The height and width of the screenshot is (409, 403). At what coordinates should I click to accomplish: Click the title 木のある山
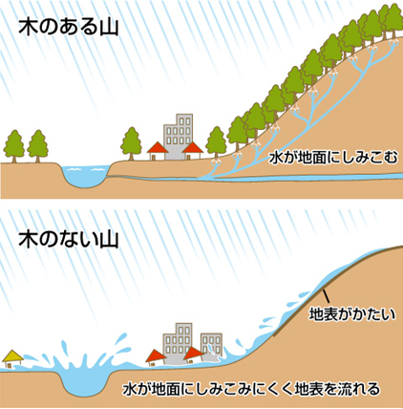click(x=69, y=27)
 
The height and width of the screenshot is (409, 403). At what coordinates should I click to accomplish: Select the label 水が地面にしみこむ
click(x=333, y=158)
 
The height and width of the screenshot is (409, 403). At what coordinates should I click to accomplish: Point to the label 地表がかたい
click(x=352, y=314)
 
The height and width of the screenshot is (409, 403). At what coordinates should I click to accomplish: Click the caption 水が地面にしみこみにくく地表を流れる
click(x=251, y=388)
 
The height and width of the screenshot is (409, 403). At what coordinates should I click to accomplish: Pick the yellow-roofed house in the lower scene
click(x=12, y=359)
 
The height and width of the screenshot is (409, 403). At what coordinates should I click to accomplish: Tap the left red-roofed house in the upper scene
click(x=158, y=151)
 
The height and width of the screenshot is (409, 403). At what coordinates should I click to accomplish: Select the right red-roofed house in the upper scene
click(x=192, y=151)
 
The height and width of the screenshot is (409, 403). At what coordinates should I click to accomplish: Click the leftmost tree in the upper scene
click(x=14, y=146)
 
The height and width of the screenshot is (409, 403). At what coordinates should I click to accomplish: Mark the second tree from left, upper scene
click(x=37, y=146)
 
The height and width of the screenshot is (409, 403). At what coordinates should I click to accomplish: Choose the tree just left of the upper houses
click(x=131, y=143)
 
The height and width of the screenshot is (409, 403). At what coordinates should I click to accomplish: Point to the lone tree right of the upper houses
click(x=217, y=142)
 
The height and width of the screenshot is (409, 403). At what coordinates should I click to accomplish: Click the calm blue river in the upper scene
click(x=84, y=176)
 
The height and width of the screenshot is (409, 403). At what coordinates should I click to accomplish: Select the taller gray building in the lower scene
click(x=178, y=342)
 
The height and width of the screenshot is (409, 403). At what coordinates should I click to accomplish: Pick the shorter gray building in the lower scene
click(x=211, y=346)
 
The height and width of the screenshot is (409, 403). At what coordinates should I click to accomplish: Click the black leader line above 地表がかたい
click(x=326, y=296)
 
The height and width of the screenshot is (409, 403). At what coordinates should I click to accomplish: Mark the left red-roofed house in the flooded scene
click(x=157, y=357)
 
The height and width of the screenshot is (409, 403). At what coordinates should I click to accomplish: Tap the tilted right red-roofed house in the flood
click(x=194, y=355)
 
